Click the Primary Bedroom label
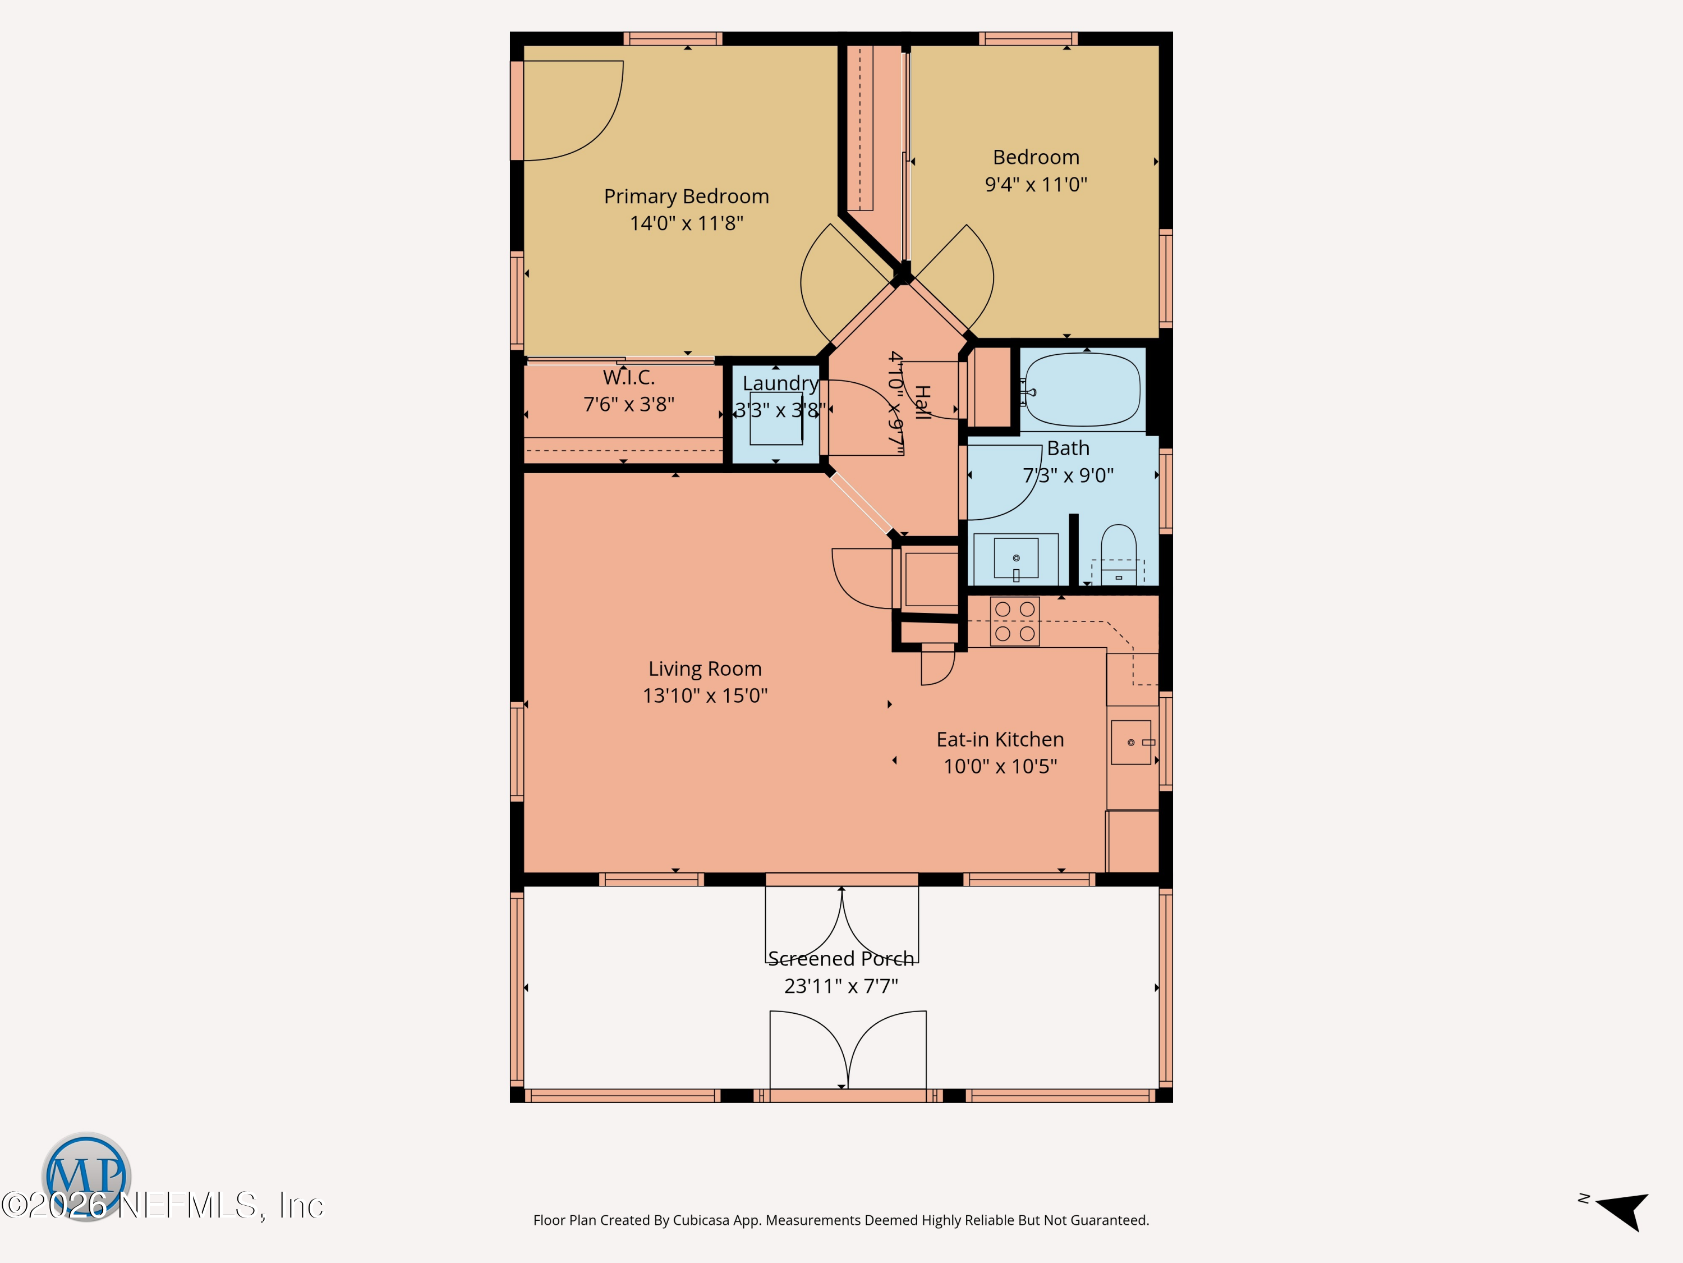tap(686, 196)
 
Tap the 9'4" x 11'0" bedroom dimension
tap(1036, 184)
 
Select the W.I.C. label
tap(628, 378)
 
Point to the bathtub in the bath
tap(1083, 390)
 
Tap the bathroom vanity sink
tap(1016, 559)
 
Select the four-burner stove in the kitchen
tap(1015, 621)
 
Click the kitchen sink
tap(1132, 742)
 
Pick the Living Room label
tap(705, 669)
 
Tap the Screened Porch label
tap(841, 959)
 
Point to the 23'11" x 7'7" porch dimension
tap(841, 986)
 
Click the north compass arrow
tap(1622, 1210)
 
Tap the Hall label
tap(922, 402)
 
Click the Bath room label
tap(1068, 449)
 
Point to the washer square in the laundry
tap(776, 418)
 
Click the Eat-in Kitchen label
tap(1000, 739)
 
